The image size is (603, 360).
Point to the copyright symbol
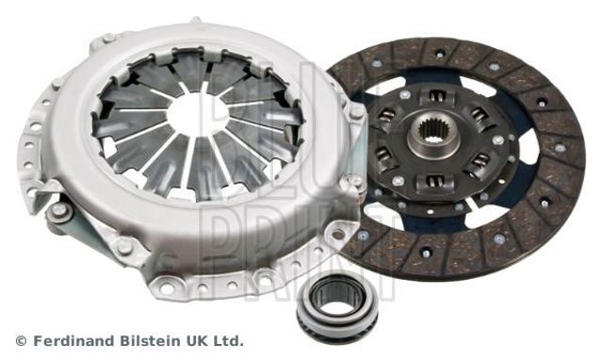pos(21,341)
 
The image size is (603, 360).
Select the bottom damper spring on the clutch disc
pos(435,180)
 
